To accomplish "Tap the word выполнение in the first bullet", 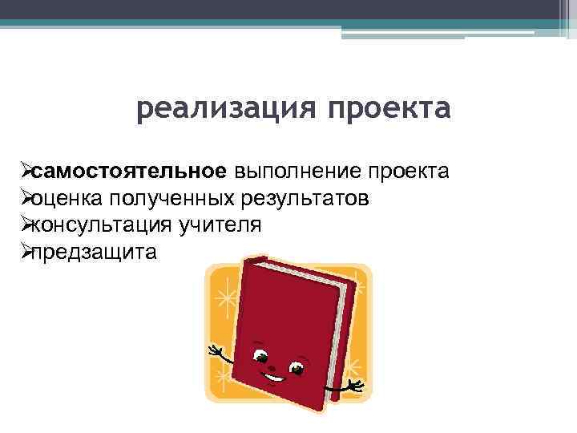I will point(296,171).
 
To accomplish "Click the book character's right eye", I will point(297,368).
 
